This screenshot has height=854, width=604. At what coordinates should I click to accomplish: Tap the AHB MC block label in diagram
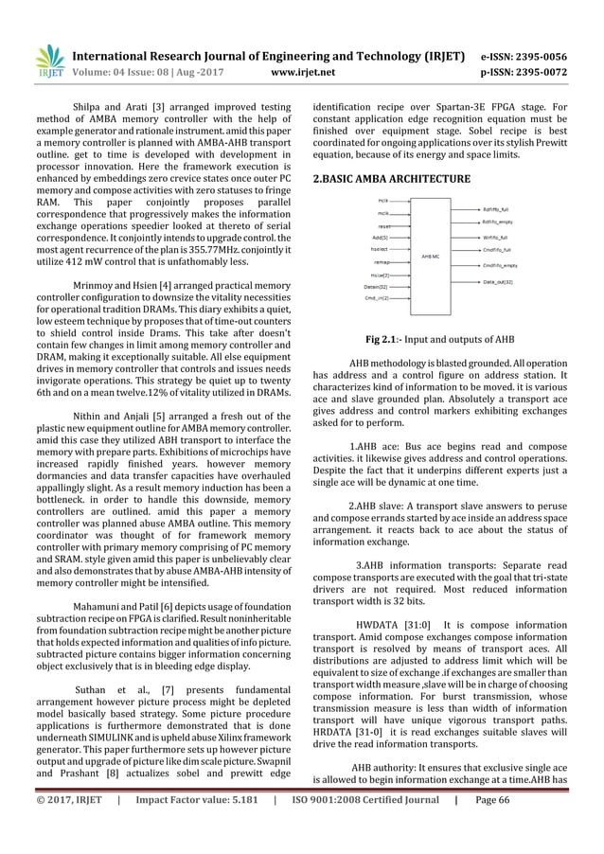(x=433, y=256)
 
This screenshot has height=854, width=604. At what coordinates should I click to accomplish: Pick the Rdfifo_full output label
(x=497, y=209)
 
